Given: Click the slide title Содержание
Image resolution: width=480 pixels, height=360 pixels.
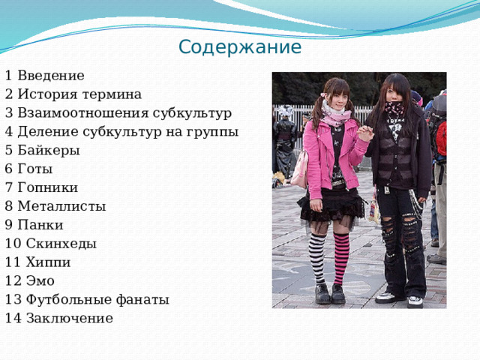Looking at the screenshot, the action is pos(240,47).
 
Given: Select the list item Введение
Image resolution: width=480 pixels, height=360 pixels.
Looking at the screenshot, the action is pos(51,76).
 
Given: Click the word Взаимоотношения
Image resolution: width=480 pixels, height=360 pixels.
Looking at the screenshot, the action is pos(83,113).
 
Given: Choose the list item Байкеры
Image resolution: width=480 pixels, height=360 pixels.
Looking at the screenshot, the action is pos(49,150).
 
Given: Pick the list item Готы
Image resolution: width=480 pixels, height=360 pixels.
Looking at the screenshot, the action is pos(35,169).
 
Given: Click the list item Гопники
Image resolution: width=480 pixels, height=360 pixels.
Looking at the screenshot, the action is pos(48,187).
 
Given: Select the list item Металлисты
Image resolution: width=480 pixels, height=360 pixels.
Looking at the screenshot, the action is pos(61,206).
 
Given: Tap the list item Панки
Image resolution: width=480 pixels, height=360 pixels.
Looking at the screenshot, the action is pos(40,225).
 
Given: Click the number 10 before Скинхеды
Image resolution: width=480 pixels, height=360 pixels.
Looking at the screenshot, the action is pos(13,244).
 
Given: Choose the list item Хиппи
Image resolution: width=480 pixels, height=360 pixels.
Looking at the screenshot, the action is pos(48,262).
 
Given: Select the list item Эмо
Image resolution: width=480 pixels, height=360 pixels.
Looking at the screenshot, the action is pos(40,281).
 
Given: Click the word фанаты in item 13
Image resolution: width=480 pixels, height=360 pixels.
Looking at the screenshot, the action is pos(142,300).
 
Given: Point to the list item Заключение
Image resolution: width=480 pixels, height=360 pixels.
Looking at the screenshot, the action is pos(70,318).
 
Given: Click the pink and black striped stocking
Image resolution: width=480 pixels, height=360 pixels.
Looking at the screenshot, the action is pos(341,259).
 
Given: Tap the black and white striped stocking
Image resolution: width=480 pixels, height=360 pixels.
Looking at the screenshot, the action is pos(317,259).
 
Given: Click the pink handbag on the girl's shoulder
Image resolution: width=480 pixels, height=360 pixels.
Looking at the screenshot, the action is pos(300,169).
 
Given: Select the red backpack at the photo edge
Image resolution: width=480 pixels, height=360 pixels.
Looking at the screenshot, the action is pos(441,138).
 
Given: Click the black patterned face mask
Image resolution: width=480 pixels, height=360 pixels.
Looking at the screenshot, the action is pos(395,108).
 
